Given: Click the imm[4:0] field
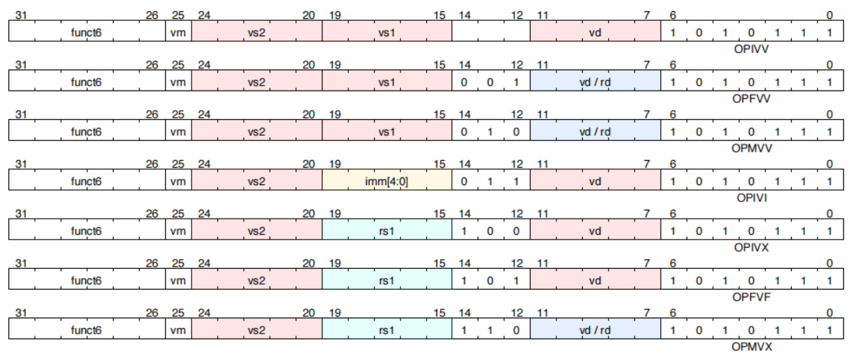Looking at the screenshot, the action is click(x=387, y=181).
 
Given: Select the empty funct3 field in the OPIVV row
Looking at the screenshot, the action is click(x=491, y=32).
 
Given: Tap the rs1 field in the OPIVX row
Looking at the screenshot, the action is click(x=387, y=230).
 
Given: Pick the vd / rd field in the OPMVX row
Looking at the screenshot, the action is click(x=595, y=329).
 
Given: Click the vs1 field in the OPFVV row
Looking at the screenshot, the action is click(x=387, y=82).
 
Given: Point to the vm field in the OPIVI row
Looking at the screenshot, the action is click(x=178, y=181).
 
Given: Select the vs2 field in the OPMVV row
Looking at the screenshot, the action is click(x=256, y=132).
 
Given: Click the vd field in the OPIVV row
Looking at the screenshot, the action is click(x=595, y=32).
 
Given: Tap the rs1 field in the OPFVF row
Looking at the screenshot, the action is click(x=387, y=280).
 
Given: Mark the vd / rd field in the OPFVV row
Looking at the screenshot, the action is click(x=595, y=82).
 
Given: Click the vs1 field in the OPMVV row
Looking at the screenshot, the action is click(x=387, y=132).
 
